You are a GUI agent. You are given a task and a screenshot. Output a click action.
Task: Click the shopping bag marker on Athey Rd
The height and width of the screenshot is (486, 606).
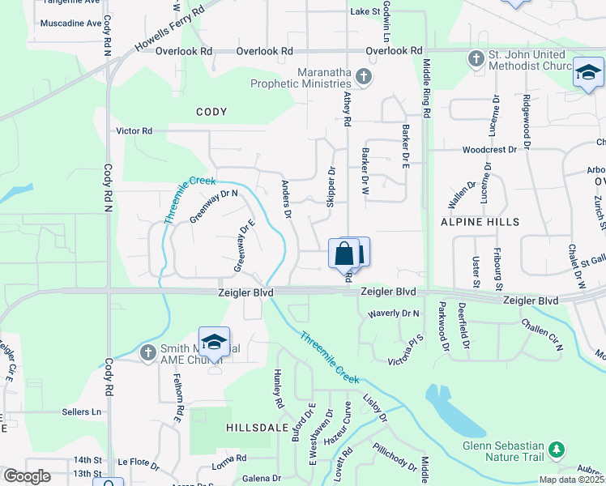(344, 254)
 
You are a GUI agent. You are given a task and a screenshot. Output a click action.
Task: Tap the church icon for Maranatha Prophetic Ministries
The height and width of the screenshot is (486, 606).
(365, 77)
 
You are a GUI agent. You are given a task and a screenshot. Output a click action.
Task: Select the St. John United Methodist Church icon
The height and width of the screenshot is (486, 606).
(476, 58)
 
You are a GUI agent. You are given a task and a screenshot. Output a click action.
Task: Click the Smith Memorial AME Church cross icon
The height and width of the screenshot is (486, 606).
(147, 352)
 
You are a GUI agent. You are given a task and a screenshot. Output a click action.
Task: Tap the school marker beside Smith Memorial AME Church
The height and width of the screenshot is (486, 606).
(214, 342)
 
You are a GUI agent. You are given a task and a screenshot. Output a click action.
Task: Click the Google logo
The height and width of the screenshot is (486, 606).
(27, 476)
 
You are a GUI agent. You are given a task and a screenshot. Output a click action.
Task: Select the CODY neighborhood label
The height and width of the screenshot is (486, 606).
(211, 111)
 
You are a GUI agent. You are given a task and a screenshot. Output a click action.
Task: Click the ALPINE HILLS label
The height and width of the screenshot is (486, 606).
(479, 221)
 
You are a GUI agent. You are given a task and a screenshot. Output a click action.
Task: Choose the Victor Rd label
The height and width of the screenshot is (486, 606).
(134, 130)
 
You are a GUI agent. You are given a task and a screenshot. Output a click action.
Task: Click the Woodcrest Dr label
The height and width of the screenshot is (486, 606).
(489, 150)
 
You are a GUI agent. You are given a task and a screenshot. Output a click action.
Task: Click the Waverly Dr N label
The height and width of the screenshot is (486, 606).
(394, 313)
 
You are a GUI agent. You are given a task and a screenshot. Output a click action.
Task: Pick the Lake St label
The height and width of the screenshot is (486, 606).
(365, 11)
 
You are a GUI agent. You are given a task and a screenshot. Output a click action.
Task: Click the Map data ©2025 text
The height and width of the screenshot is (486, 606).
(572, 480)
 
